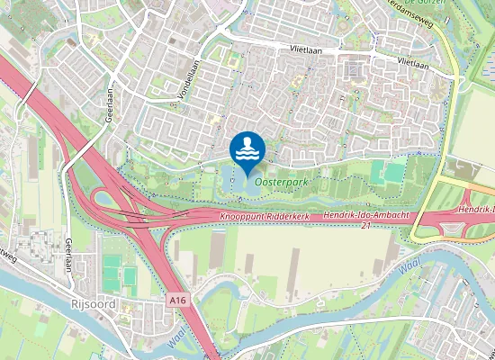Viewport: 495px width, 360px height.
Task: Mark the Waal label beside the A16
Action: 178,337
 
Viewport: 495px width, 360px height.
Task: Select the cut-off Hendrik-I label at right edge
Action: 476,209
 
